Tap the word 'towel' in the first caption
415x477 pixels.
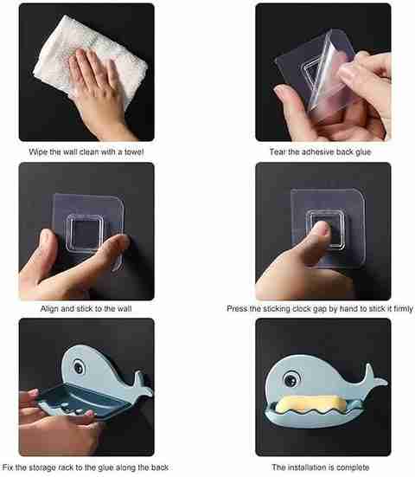134,151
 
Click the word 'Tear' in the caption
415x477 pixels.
278,151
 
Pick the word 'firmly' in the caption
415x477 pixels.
404,309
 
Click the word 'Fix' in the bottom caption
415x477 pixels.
8,467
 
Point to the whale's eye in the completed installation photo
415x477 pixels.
291,379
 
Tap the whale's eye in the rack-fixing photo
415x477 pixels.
79,367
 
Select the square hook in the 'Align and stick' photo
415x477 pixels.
84,233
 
